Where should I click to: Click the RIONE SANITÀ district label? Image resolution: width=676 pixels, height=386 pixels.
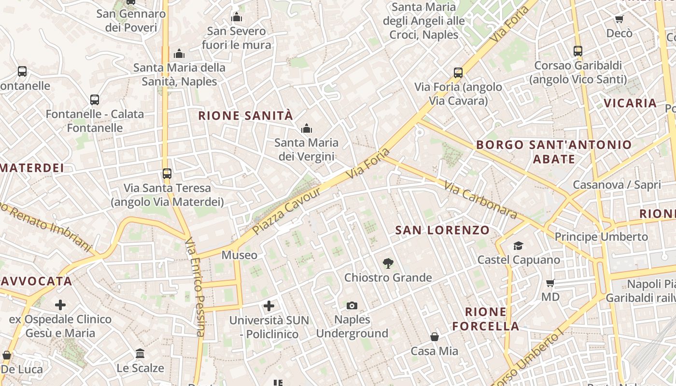[245, 116]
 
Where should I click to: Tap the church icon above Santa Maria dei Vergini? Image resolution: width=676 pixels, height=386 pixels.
[306, 129]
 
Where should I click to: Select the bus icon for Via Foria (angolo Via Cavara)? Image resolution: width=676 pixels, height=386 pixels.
[458, 73]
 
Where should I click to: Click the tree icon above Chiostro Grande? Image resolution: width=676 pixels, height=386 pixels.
[387, 263]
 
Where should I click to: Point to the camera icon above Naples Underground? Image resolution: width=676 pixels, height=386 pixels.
[352, 305]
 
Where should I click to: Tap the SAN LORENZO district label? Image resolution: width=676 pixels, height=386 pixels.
[442, 230]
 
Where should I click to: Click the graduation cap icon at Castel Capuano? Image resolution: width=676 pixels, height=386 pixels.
[518, 246]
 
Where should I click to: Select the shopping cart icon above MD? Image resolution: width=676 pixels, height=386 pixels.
[550, 283]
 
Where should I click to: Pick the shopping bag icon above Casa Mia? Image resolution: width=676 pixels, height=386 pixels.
[435, 337]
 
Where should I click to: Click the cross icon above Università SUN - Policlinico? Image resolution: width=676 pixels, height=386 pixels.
[269, 305]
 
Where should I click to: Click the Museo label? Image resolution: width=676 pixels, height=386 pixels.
[239, 255]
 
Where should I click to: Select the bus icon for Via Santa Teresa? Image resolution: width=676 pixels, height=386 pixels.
[167, 173]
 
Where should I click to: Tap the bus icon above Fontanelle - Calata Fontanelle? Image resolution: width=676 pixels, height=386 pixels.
[95, 100]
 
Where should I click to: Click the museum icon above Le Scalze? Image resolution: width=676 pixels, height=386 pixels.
[140, 354]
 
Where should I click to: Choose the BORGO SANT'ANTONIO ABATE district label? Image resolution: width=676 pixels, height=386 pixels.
[554, 152]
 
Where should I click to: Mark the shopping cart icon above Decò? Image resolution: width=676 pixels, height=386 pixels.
[619, 19]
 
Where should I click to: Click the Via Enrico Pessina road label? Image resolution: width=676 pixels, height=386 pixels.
[196, 287]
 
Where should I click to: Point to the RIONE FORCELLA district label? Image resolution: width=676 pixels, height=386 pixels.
[486, 318]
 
